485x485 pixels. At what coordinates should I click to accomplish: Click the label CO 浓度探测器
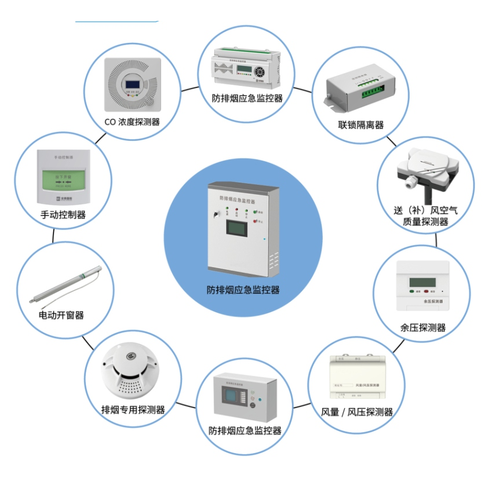(133, 122)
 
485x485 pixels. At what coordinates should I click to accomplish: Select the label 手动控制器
(63, 214)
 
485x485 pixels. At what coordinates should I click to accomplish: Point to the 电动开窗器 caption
(61, 315)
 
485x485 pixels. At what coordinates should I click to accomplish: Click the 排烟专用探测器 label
(133, 410)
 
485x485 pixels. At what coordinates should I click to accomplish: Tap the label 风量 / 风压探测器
(357, 412)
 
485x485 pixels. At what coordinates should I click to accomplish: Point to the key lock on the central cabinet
(216, 214)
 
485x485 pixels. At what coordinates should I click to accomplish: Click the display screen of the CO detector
(133, 86)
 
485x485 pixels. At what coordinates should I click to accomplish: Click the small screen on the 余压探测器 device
(420, 283)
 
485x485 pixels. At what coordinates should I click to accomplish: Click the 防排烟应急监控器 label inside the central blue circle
(243, 289)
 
